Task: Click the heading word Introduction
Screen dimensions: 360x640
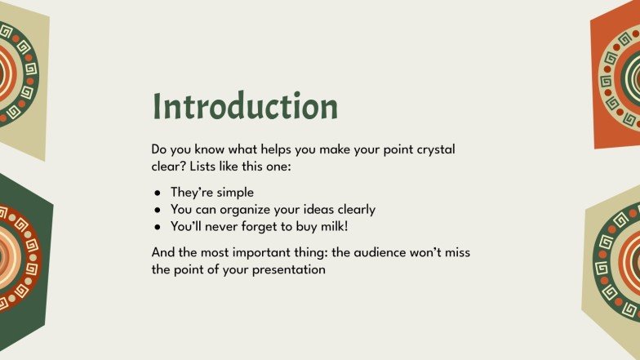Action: [x=245, y=107]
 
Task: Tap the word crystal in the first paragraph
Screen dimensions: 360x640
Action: [x=433, y=150]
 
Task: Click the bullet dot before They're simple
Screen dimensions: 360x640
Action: [x=158, y=193]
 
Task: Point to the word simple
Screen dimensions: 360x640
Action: [x=237, y=193]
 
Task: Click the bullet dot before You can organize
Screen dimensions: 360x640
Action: [x=158, y=210]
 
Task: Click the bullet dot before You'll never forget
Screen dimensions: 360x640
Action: [x=158, y=226]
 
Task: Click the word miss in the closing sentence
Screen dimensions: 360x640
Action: [x=456, y=252]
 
